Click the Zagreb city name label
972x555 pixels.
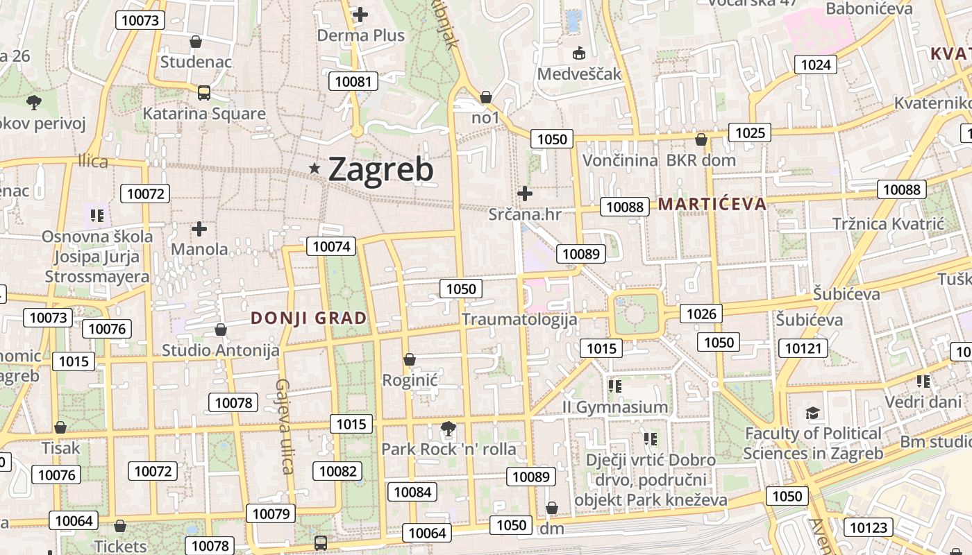click(380, 169)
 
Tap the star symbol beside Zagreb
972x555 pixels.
click(315, 168)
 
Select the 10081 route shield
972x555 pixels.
click(353, 81)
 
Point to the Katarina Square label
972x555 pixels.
click(204, 114)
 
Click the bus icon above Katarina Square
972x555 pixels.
click(203, 92)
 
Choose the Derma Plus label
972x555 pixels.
click(360, 35)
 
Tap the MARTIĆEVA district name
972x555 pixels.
click(712, 204)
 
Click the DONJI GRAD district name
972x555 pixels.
click(308, 318)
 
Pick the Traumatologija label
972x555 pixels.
click(519, 319)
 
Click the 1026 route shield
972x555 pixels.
click(701, 314)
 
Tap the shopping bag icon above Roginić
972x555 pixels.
click(410, 359)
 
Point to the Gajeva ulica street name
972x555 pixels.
click(284, 426)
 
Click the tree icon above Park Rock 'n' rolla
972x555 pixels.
click(449, 429)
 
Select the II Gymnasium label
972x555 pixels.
click(615, 407)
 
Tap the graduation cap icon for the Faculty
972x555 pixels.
click(812, 414)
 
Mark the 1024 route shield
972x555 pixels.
click(815, 65)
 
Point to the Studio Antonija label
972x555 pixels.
click(221, 350)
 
